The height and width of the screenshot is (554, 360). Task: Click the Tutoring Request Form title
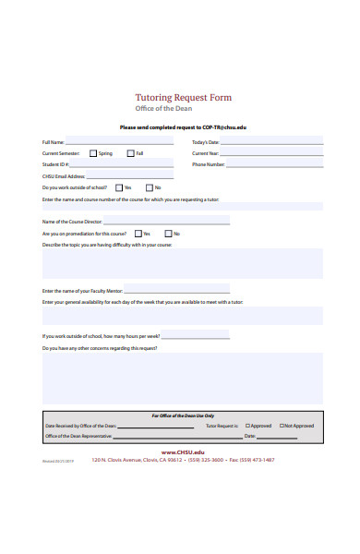point(184,97)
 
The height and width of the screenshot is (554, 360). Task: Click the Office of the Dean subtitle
point(184,110)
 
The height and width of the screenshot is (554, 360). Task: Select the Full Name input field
point(119,141)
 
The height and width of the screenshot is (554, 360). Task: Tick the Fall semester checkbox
point(130,153)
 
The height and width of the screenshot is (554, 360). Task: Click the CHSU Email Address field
point(130,175)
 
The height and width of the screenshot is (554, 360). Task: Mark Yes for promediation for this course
point(138,234)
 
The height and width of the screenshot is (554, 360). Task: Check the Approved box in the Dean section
point(247,426)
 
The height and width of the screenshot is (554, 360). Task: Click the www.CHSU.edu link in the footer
point(183,452)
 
